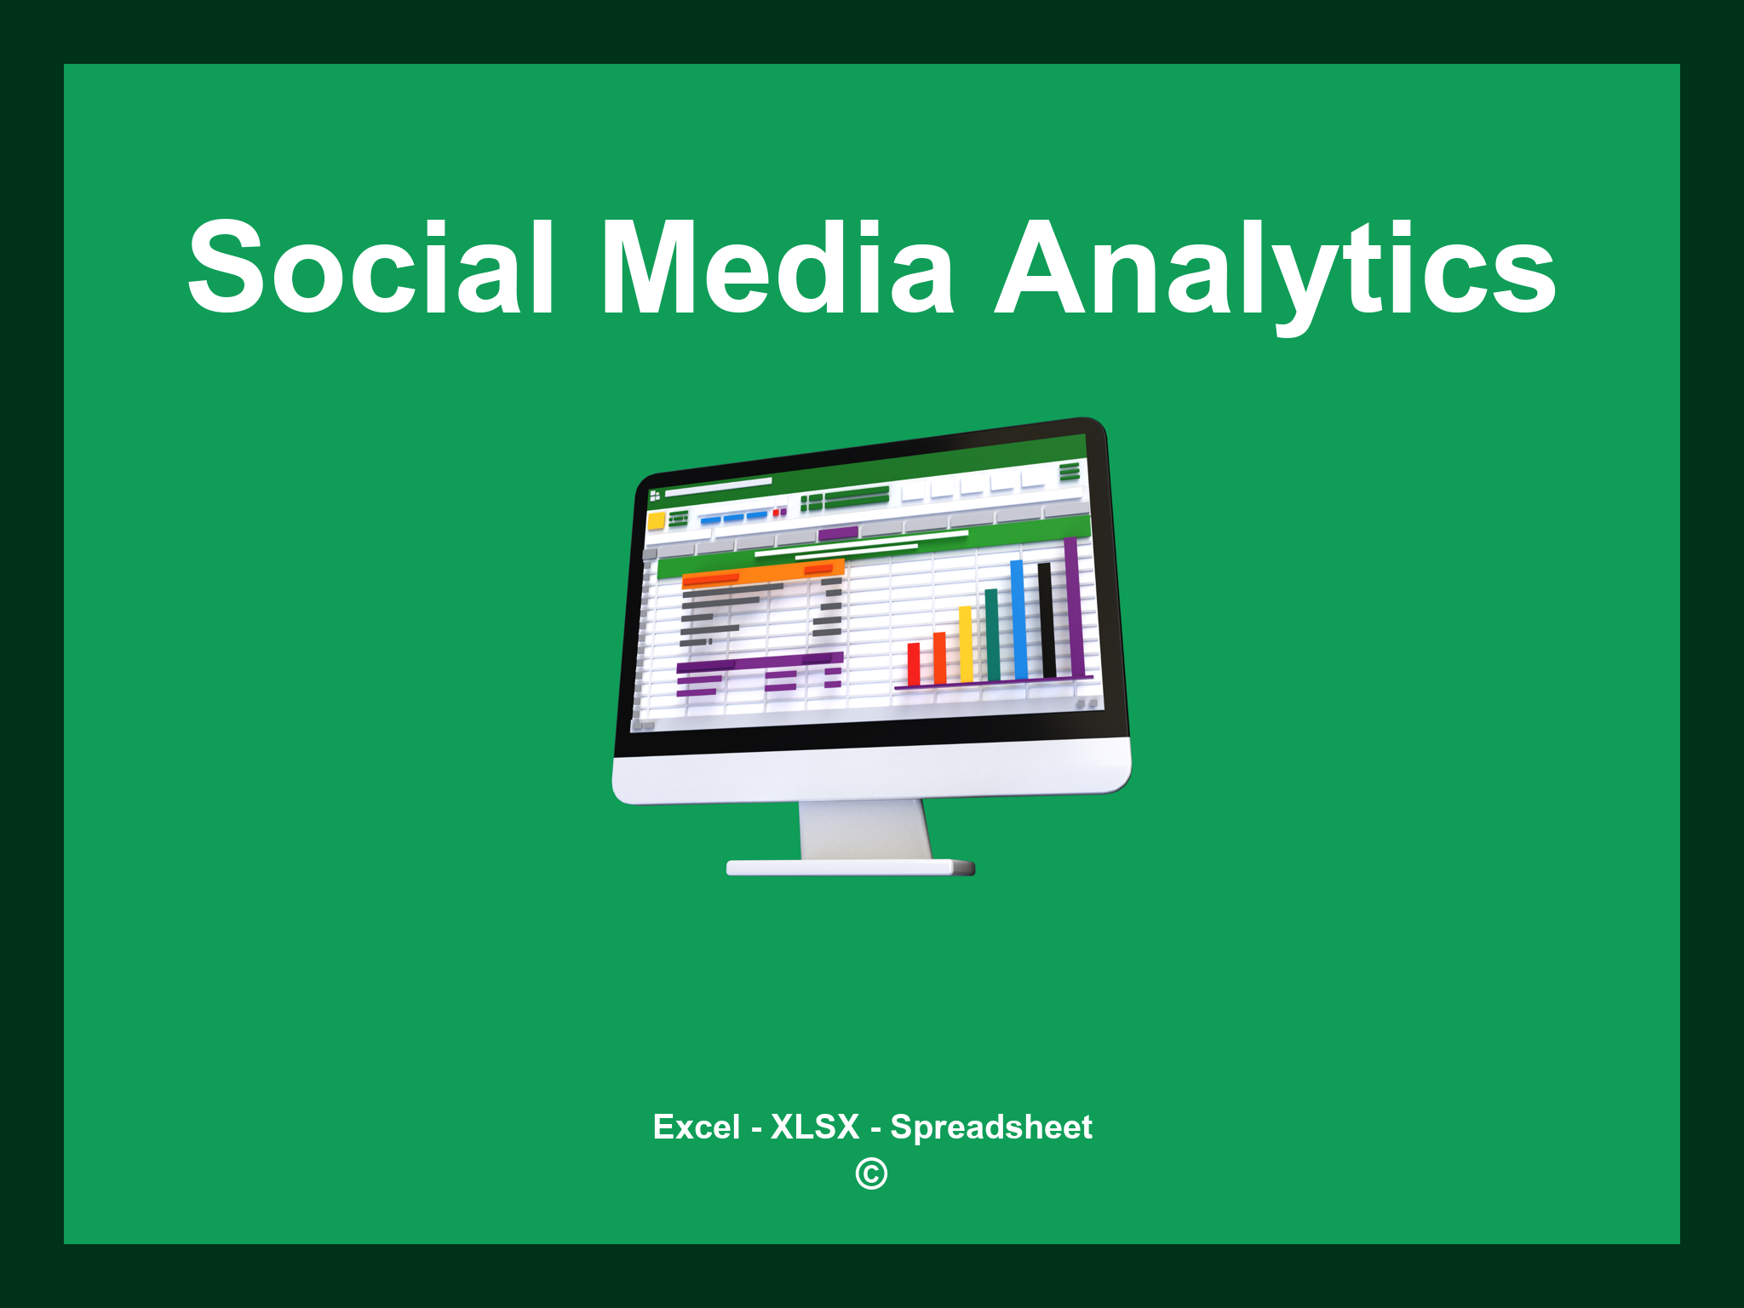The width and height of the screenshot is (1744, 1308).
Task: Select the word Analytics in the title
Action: pos(1275,269)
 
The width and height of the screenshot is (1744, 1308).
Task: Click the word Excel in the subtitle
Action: pos(696,1127)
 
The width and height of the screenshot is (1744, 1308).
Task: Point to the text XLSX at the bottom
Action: pos(815,1127)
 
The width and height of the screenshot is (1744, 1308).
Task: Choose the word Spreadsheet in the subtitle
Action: pos(991,1127)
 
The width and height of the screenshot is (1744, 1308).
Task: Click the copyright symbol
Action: pos(871,1174)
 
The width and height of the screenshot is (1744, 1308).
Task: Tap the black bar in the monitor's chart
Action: pos(1047,620)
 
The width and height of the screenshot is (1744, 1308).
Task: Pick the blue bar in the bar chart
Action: pos(1018,620)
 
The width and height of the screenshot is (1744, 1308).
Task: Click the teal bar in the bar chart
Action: pos(992,635)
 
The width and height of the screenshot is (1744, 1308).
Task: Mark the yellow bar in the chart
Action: pos(966,645)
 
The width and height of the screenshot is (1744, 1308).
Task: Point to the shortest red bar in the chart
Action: pos(914,664)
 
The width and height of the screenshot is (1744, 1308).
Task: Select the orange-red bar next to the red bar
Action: pos(939,658)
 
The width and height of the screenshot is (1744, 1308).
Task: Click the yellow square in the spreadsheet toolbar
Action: pos(656,520)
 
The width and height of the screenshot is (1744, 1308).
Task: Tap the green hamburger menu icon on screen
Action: pos(1070,472)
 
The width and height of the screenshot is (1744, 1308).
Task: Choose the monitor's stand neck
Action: pos(863,829)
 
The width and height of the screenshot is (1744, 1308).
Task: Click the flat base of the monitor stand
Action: pos(849,868)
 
